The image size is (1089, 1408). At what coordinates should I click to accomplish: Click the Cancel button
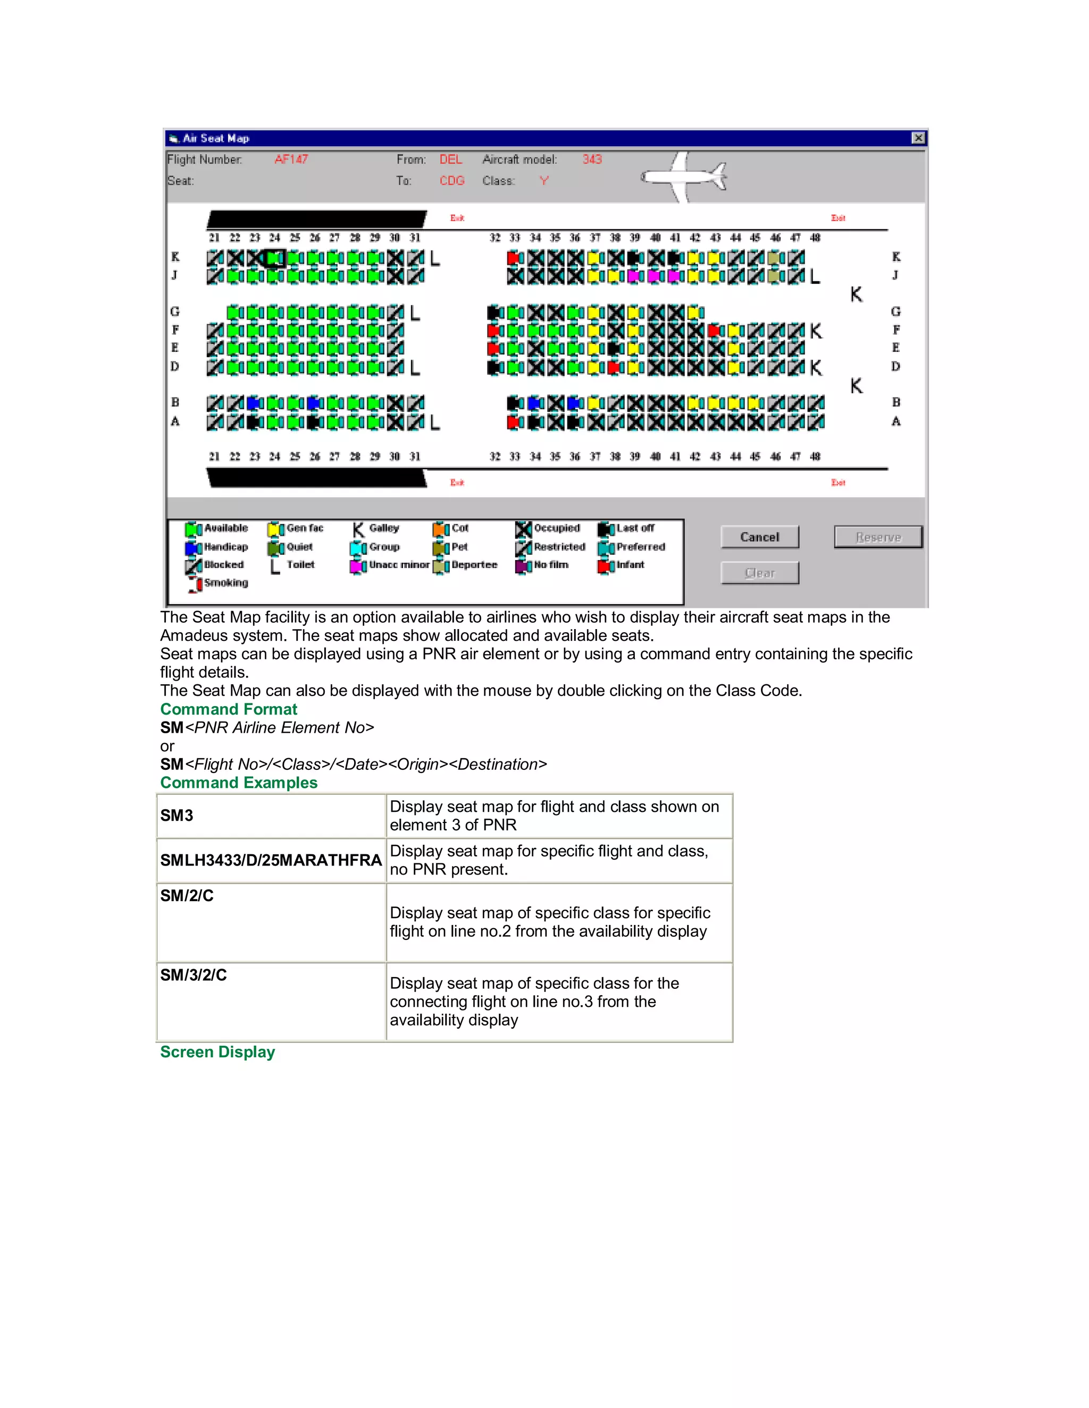click(x=759, y=537)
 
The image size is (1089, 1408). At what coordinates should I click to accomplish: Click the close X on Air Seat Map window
click(x=917, y=138)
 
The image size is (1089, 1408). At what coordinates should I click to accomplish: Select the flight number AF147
click(x=291, y=159)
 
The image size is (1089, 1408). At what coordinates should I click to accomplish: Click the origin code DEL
click(x=450, y=159)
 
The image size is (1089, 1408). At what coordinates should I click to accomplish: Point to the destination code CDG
click(x=451, y=181)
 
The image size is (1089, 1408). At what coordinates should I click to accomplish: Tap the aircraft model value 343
click(x=592, y=159)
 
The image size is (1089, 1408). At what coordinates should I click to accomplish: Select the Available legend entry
click(x=217, y=529)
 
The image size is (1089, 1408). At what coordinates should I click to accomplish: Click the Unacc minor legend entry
click(x=390, y=565)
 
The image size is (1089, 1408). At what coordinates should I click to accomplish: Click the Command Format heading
click(x=228, y=709)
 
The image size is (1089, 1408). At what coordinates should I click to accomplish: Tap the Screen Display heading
click(x=217, y=1052)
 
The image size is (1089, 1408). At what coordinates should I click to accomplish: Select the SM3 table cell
click(x=177, y=816)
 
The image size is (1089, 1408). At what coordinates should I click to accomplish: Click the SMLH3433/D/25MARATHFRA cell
click(x=271, y=860)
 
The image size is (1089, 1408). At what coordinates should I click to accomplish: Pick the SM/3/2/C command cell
click(x=194, y=975)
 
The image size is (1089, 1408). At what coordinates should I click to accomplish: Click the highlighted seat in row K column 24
click(x=275, y=258)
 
